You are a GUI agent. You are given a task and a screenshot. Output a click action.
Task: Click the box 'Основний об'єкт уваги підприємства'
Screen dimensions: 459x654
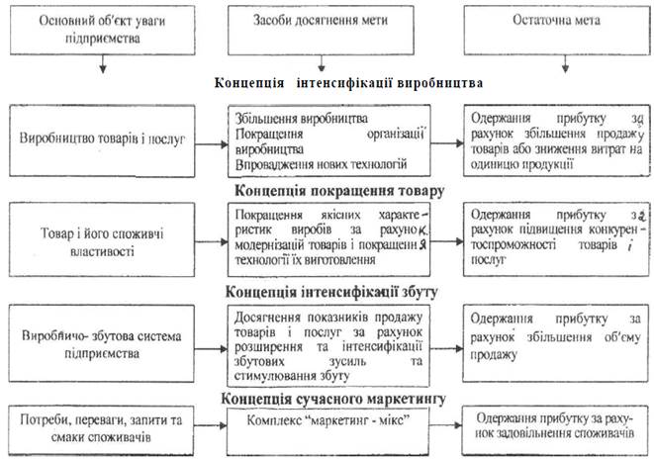102,30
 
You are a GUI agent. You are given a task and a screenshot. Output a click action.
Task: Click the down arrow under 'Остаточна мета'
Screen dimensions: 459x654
564,61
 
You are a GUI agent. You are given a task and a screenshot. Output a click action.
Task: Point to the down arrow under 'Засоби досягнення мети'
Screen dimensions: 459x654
333,61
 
